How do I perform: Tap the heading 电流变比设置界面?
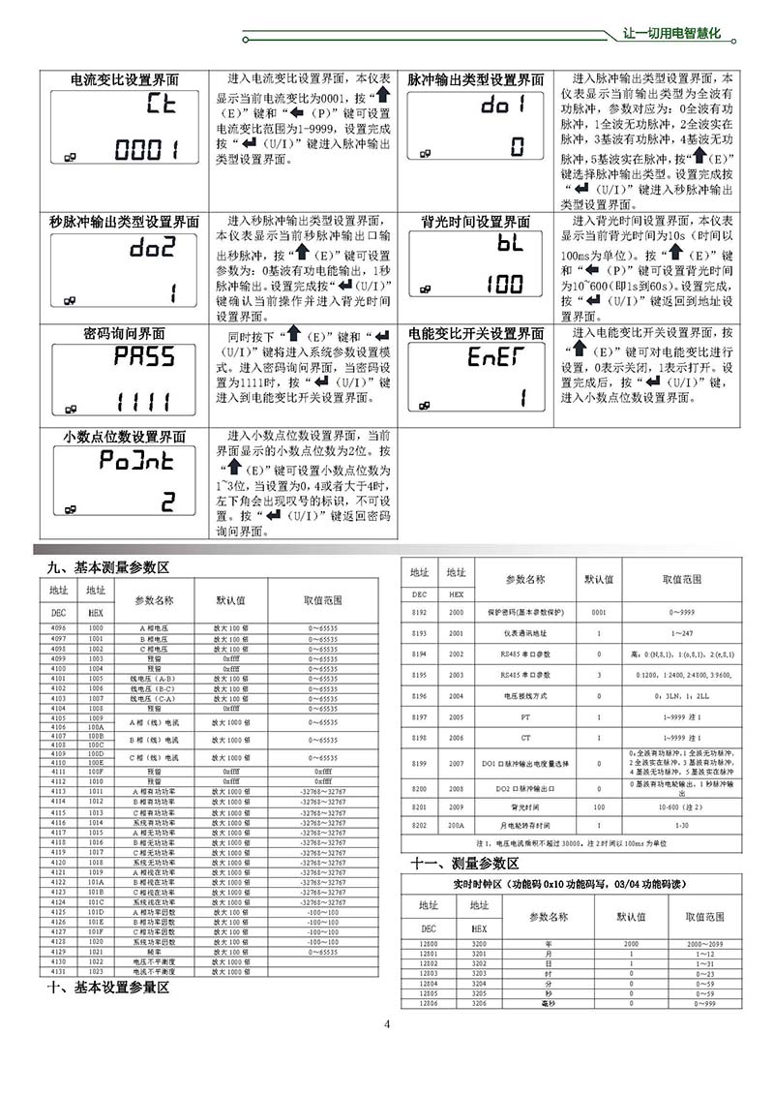coord(125,80)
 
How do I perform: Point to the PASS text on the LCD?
coord(144,356)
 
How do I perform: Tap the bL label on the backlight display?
coord(509,245)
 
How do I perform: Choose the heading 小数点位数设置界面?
coord(125,438)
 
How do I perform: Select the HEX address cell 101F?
coord(96,932)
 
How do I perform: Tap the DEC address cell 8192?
coord(419,613)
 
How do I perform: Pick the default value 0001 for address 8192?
coord(599,613)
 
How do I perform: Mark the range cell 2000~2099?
coord(705,942)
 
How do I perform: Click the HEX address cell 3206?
coord(479,1005)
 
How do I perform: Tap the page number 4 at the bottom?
coord(386,1025)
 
